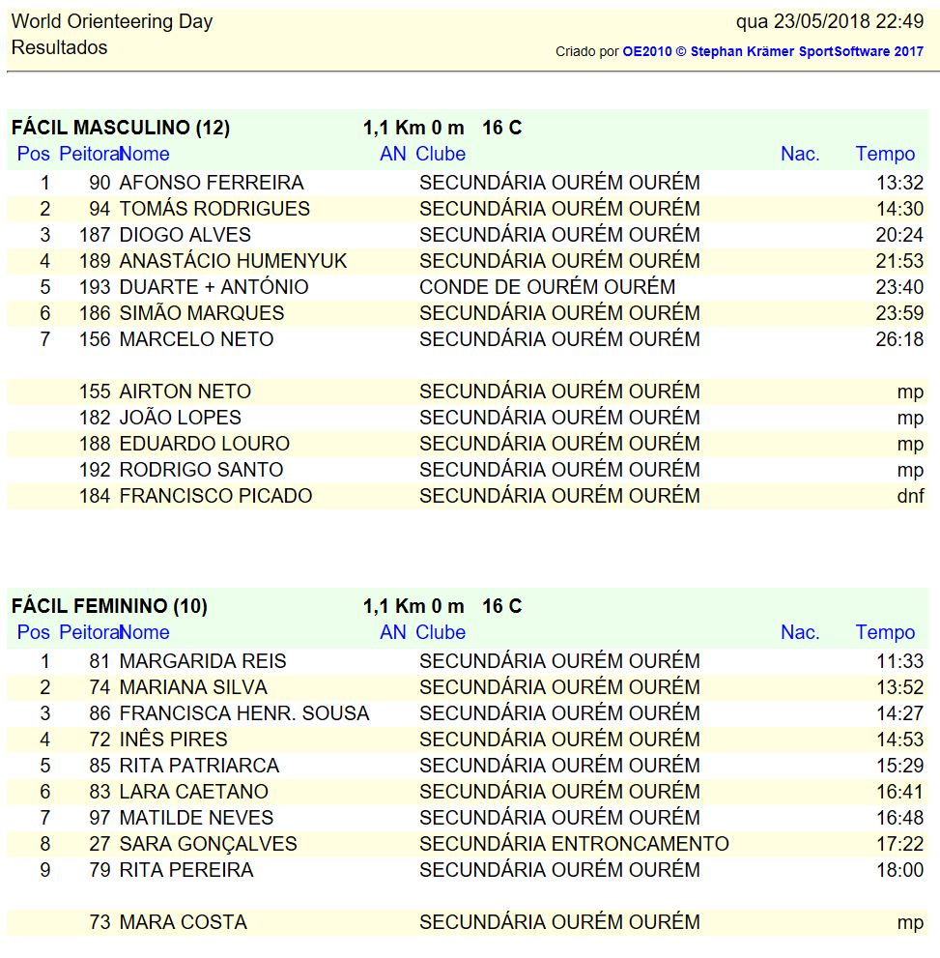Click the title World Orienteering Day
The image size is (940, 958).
click(x=112, y=21)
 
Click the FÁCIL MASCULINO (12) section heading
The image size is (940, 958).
click(x=121, y=128)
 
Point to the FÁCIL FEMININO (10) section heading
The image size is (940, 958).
click(x=109, y=606)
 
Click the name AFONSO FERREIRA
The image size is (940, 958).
click(x=211, y=183)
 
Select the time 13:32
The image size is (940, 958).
click(x=899, y=183)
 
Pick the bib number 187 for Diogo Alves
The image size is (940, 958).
click(x=95, y=235)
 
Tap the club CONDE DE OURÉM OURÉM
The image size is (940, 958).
click(x=547, y=287)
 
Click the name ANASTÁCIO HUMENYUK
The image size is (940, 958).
click(x=233, y=261)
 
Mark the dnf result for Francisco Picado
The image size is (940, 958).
click(x=910, y=496)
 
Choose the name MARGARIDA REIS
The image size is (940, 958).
click(x=202, y=661)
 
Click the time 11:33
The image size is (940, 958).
click(x=899, y=661)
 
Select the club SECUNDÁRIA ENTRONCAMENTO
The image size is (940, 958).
click(x=574, y=844)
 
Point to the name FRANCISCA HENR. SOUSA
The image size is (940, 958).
click(x=243, y=713)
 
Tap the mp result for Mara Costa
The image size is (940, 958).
click(x=910, y=922)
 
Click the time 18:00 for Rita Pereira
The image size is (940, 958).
click(x=899, y=870)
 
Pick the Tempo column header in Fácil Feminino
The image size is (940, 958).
click(x=885, y=632)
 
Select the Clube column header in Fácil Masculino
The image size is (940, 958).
click(x=441, y=154)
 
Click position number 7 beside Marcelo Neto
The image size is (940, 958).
click(x=44, y=339)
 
